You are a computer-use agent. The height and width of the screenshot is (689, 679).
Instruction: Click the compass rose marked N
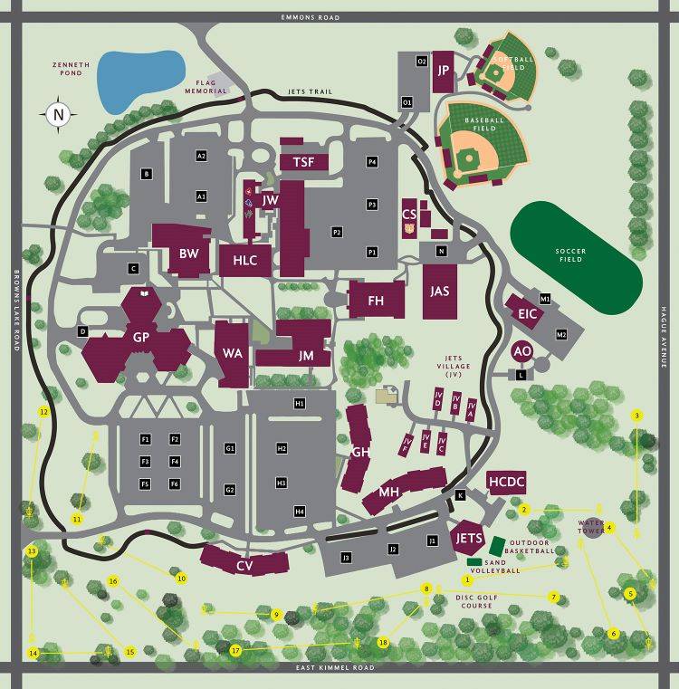tap(58, 114)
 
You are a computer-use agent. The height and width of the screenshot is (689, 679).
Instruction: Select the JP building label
tap(444, 70)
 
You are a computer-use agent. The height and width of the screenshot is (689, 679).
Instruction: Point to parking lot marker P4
tap(371, 161)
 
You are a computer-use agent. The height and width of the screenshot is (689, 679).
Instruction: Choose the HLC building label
tap(245, 260)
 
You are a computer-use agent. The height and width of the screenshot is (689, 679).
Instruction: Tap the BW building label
tap(188, 254)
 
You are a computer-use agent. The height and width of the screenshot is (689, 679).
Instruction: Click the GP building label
tap(141, 337)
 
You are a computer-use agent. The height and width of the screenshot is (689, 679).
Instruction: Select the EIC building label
tap(528, 313)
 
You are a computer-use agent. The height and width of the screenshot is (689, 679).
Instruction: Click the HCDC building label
tap(506, 483)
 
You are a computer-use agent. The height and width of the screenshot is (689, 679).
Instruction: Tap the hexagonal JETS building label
tap(469, 539)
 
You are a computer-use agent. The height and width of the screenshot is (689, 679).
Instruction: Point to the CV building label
tap(244, 566)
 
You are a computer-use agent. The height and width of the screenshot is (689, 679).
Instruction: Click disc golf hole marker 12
tap(43, 411)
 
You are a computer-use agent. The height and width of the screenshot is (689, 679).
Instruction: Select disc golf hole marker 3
tap(637, 416)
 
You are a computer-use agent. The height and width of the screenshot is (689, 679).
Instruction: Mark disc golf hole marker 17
tap(235, 650)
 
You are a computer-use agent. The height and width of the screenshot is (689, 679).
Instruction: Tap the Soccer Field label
tap(570, 254)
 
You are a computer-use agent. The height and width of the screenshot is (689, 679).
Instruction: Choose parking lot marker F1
tap(144, 439)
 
